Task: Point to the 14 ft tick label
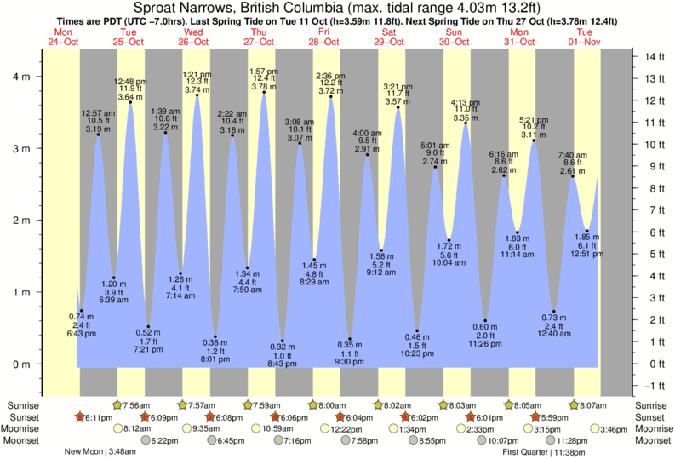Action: [653, 57]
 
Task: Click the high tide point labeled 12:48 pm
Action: [130, 102]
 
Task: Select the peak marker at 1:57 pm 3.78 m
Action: [264, 92]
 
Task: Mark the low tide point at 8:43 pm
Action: [283, 341]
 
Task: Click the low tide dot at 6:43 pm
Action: [82, 311]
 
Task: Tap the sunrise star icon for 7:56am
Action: [117, 404]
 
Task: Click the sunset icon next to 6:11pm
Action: [80, 417]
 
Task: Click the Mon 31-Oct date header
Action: [519, 37]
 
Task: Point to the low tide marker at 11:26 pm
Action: [485, 321]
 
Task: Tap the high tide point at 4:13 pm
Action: [465, 123]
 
